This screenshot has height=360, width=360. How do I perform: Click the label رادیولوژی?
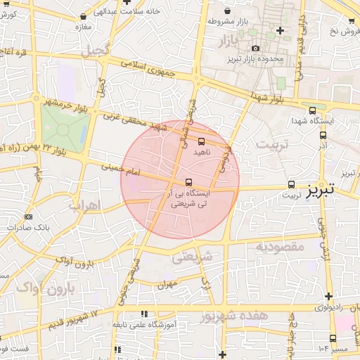coord(326,307)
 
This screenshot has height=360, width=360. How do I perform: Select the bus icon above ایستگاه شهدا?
coord(312,110)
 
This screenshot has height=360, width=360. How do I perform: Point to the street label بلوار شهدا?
coord(267,100)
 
